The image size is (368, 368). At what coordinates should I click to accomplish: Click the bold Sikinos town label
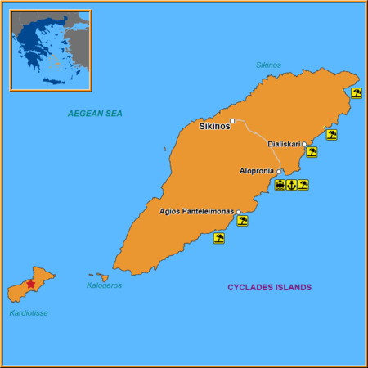point(215,126)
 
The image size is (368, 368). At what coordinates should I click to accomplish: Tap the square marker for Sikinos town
point(232,122)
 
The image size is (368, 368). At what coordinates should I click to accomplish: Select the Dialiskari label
point(284,144)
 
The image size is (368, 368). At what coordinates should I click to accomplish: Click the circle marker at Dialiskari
point(304,144)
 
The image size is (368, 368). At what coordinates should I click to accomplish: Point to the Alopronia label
point(257,171)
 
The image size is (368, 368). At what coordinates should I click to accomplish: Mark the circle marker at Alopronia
point(279,171)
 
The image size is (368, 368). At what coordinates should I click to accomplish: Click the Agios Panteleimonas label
point(196,212)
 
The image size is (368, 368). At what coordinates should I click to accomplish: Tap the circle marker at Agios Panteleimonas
point(239,213)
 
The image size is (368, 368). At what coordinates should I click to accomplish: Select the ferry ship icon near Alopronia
point(280,185)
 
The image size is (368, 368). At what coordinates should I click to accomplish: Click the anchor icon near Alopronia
point(291,185)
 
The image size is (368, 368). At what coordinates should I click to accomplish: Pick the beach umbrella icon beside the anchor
point(303,185)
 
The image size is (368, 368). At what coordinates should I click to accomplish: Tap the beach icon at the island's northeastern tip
point(357,92)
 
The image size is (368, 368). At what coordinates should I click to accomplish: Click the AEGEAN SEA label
point(95,114)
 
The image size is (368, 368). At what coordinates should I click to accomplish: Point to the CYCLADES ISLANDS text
point(269,287)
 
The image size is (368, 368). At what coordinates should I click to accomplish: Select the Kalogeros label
point(104,285)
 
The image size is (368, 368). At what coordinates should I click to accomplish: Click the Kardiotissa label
point(29,313)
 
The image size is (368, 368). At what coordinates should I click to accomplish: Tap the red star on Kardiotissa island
point(31,284)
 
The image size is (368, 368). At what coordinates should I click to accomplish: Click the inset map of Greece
point(50,50)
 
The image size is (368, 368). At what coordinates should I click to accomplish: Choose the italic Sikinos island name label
point(268,65)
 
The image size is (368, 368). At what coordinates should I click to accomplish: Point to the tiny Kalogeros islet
point(101,277)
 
